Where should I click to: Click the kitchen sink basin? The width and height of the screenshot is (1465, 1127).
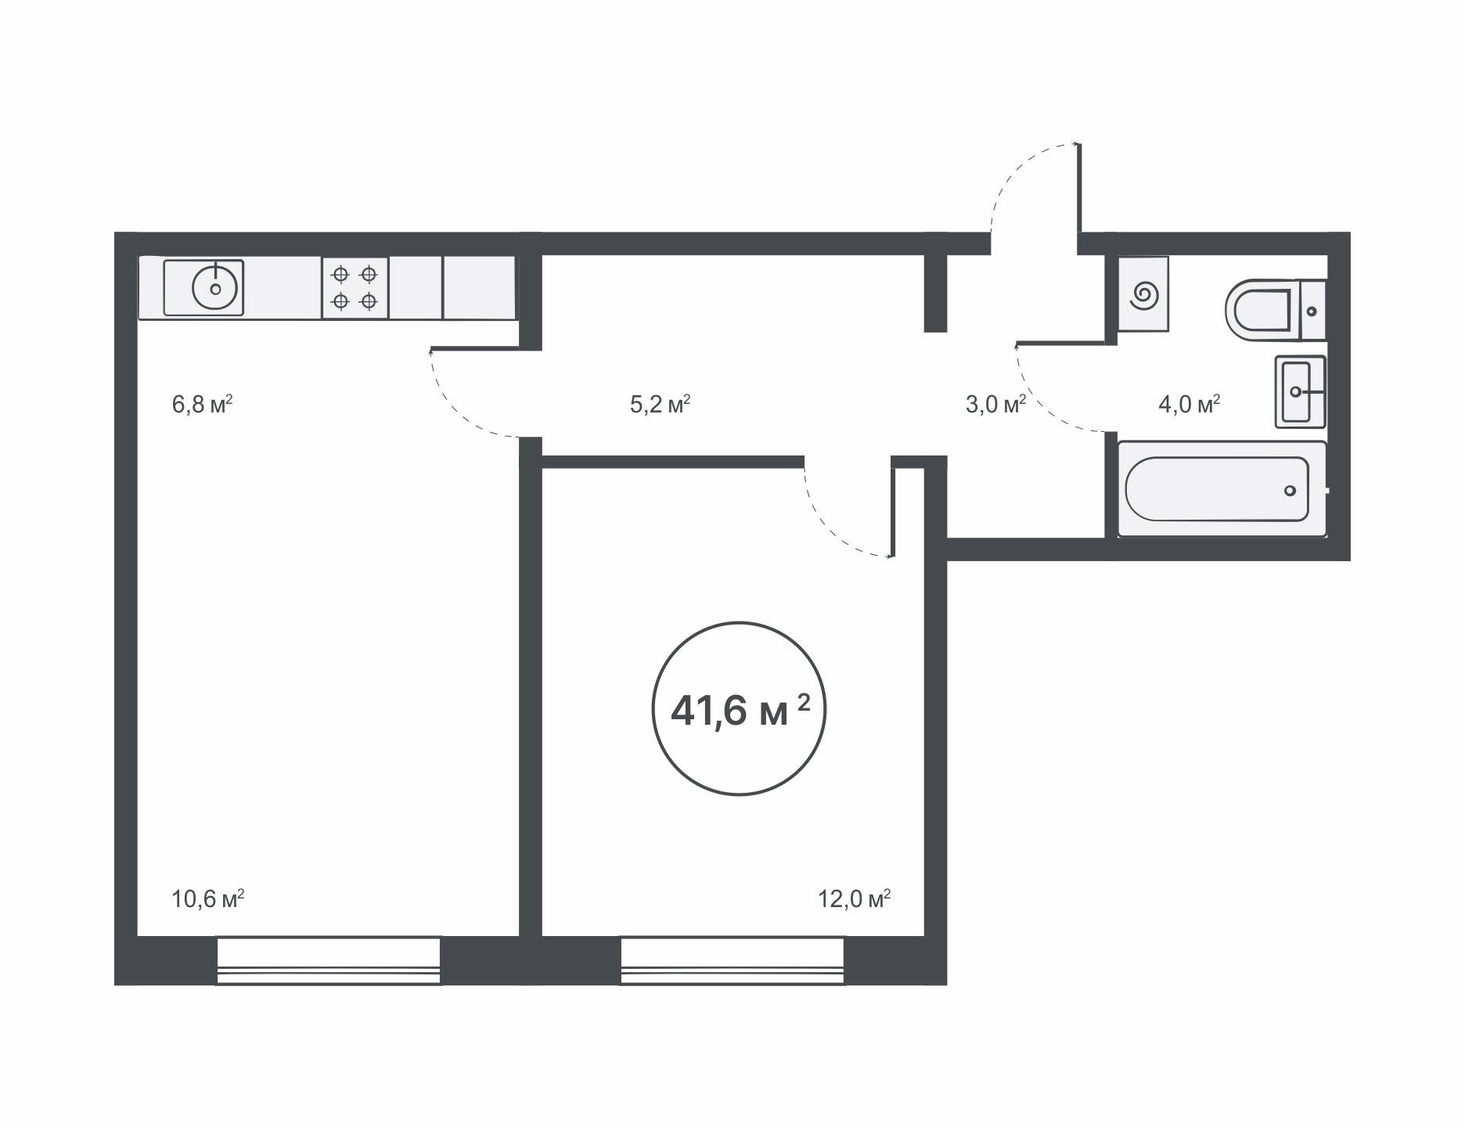[203, 287]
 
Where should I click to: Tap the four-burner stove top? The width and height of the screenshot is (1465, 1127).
[355, 287]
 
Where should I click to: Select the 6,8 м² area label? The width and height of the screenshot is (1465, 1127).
[202, 405]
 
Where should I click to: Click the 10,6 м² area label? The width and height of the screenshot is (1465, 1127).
[207, 898]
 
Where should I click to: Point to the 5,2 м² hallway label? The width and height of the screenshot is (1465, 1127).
[660, 405]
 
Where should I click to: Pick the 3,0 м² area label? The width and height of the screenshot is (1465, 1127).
[995, 405]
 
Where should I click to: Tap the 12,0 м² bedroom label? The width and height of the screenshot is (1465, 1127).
[855, 898]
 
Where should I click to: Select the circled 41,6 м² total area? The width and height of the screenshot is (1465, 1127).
[739, 709]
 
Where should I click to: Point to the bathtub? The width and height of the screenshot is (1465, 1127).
[1222, 489]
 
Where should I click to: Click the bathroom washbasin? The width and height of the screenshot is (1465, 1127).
[1300, 391]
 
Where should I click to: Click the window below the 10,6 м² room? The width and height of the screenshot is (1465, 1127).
[329, 960]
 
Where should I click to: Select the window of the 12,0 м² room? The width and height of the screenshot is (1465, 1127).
[732, 960]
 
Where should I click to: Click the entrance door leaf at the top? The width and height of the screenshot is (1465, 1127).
[1079, 188]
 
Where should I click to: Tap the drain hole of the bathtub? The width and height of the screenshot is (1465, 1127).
[1290, 491]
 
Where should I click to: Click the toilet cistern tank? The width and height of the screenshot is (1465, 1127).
[1313, 311]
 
